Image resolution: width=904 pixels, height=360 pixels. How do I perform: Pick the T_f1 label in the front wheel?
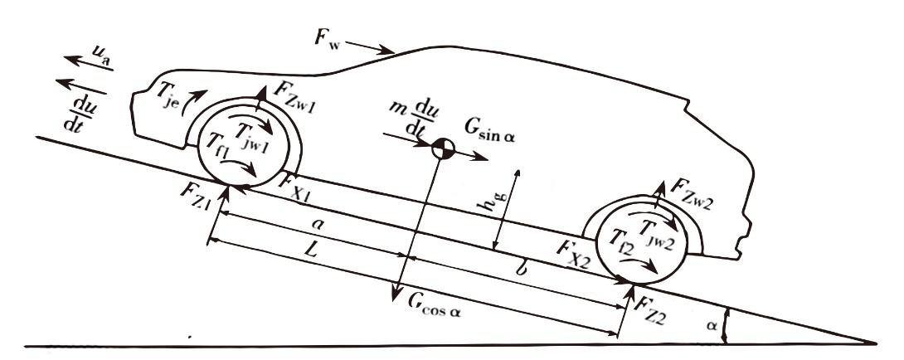coord(220,153)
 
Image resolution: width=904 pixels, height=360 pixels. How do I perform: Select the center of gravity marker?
coord(444,150)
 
